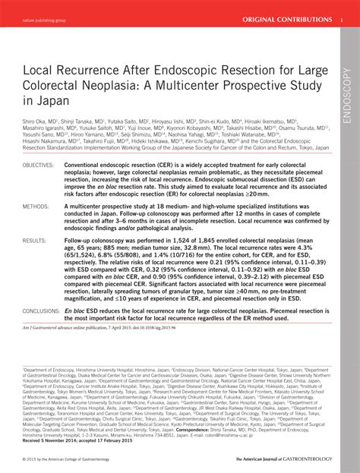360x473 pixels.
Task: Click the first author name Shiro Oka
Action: tap(35, 120)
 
